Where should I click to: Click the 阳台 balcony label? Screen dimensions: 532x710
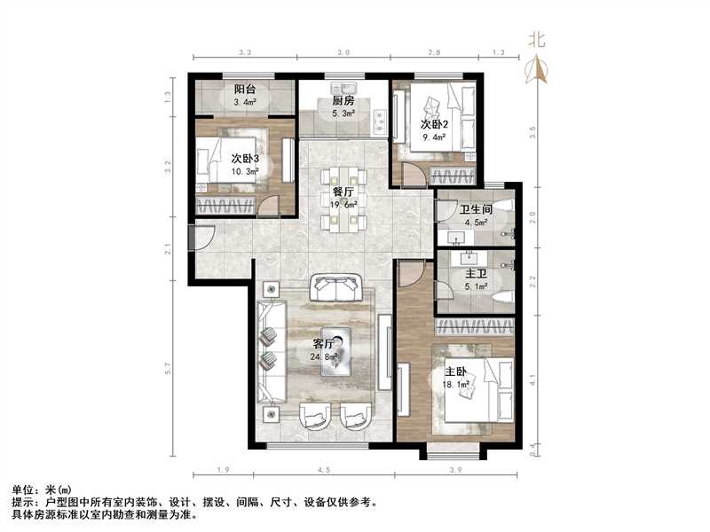(246, 90)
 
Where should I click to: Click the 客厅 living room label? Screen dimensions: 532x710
(325, 344)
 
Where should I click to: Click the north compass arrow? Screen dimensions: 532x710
(535, 68)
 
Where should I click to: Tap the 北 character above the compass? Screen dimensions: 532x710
(536, 39)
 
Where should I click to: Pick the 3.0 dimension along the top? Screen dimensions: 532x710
(342, 53)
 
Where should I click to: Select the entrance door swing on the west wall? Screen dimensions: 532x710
(201, 238)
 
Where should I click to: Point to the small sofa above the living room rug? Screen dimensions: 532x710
(338, 288)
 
